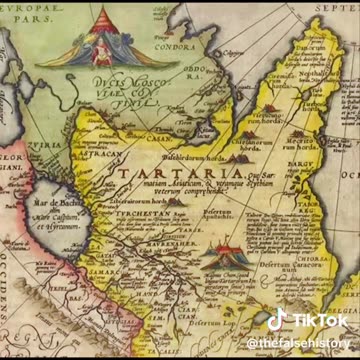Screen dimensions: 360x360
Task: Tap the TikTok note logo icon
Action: tap(277, 319)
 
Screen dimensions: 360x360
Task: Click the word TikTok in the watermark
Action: tap(318, 320)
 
